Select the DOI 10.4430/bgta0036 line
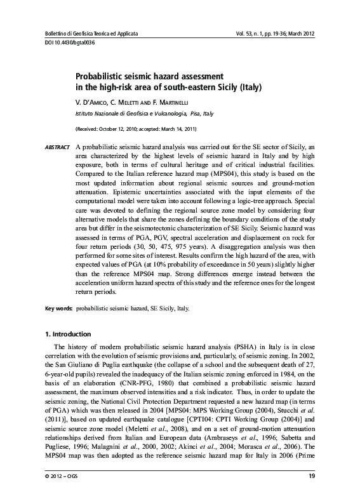[x=64, y=41]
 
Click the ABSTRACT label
[x=57, y=147]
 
